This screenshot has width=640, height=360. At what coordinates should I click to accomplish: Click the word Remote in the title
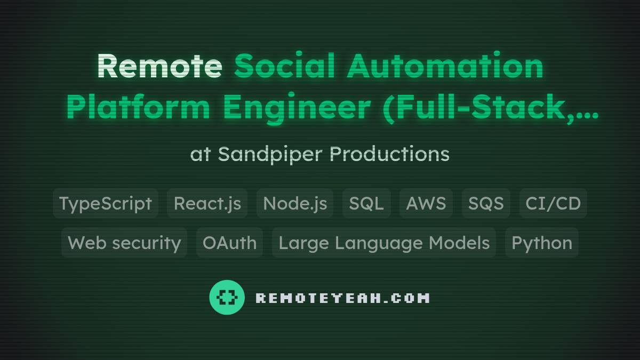159,66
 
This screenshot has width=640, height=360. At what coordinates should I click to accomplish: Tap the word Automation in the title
445,66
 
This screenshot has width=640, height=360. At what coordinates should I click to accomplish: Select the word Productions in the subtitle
389,154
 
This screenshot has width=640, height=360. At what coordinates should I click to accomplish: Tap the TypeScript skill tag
106,203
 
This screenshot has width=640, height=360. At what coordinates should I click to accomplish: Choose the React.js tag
207,203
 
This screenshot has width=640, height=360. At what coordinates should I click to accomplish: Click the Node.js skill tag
295,203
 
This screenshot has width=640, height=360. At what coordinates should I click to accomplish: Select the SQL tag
366,203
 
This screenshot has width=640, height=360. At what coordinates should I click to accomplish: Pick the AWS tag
426,203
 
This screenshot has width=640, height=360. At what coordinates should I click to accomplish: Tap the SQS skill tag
486,203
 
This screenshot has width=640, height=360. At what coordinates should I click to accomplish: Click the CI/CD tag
553,203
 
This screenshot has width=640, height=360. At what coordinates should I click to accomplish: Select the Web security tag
124,243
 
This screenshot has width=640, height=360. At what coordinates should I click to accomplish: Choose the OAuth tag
229,243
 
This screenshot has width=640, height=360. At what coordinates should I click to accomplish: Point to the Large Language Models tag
384,243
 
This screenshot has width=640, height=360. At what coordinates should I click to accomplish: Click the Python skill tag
542,243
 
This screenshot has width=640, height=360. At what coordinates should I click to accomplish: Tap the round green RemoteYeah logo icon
227,297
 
